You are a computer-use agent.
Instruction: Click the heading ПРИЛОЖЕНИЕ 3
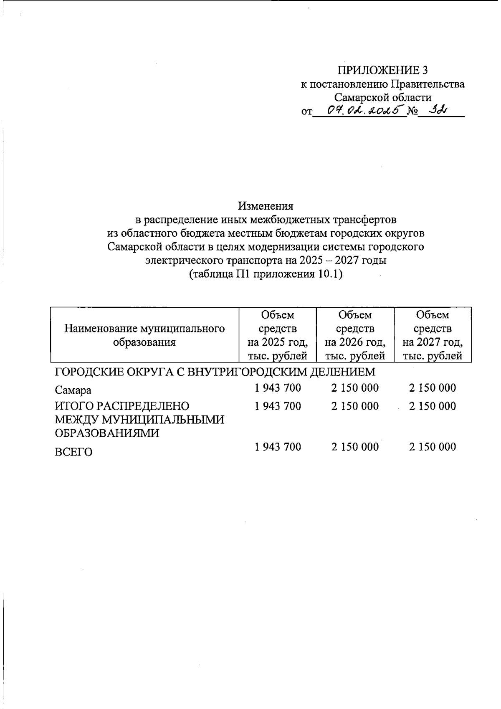pos(382,70)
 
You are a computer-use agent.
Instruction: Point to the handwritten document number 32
pos(435,111)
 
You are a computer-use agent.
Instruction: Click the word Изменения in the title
pos(266,206)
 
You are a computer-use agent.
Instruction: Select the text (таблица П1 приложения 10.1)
pos(266,275)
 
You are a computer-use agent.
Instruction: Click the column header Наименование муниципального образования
pos(144,335)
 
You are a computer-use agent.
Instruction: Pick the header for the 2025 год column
pos(277,335)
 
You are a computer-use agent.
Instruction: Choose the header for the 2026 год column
pos(355,335)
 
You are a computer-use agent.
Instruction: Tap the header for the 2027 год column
pos(433,335)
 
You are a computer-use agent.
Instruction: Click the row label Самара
pos(73,390)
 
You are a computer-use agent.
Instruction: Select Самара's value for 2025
pos(278,388)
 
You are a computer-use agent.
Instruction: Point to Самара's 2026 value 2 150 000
pos(355,388)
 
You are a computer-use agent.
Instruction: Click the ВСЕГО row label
pos(73,452)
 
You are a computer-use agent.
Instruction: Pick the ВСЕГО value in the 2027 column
pos(433,447)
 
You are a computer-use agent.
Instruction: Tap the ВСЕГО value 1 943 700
pos(278,447)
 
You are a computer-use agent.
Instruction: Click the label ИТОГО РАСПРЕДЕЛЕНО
pos(122,406)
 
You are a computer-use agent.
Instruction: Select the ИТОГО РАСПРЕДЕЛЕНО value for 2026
pos(355,406)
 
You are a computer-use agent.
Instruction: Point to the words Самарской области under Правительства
pos(382,98)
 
